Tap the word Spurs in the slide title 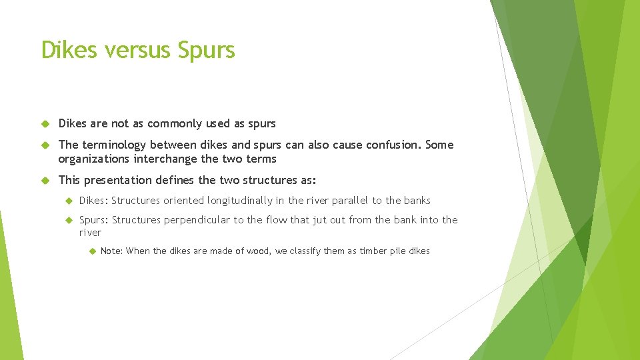click(206, 51)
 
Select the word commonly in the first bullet click(174, 124)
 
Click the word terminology click(115, 145)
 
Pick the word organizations click(94, 159)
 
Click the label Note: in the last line click(111, 251)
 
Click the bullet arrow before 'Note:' click(91, 251)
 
